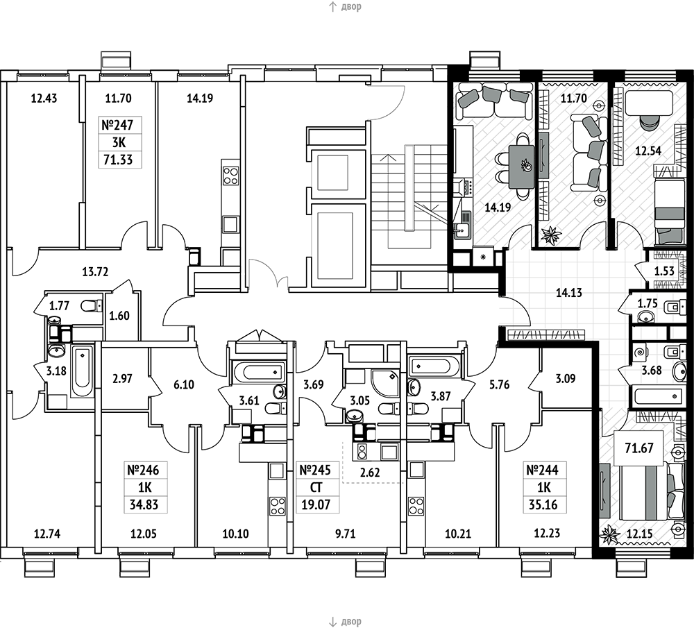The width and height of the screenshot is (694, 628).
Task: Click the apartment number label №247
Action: tap(117, 125)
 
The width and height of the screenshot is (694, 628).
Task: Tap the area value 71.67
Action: tap(638, 448)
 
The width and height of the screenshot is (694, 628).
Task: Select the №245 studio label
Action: tap(316, 470)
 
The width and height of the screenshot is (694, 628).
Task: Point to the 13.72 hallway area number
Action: tap(95, 271)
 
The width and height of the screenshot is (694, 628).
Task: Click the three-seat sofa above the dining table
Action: tap(494, 99)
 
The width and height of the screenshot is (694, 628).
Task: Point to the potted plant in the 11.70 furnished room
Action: tap(551, 235)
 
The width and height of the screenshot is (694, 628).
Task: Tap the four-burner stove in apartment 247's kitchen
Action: tap(230, 175)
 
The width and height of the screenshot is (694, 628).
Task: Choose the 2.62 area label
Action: tap(370, 473)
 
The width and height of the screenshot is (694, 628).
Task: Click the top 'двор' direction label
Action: tap(351, 7)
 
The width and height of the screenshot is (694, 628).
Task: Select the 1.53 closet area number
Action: tap(664, 271)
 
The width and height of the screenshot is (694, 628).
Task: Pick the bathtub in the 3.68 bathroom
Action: tap(657, 396)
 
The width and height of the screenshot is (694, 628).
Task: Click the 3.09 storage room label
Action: tap(565, 379)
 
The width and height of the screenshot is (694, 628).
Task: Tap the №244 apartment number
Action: tap(543, 470)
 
